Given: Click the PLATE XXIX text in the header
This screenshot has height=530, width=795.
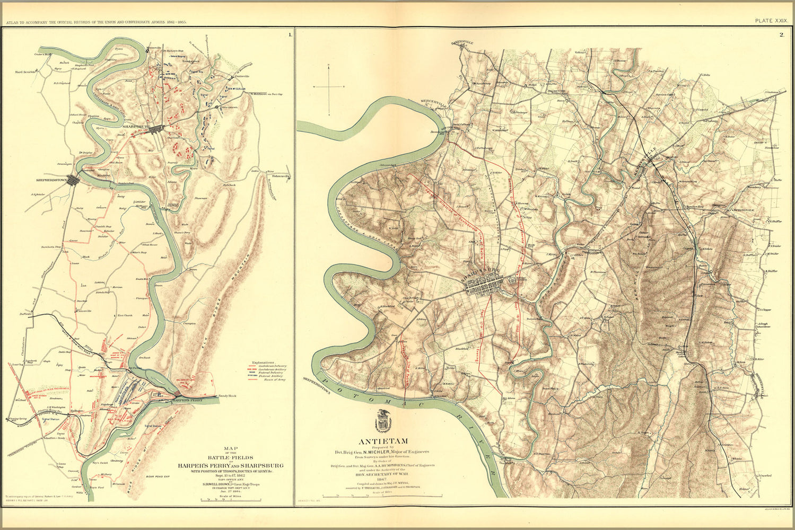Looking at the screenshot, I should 771,20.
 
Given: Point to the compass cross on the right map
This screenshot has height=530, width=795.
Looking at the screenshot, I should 329,86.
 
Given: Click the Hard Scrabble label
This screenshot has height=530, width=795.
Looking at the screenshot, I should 26,72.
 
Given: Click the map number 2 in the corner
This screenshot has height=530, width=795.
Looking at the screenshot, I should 781,35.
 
